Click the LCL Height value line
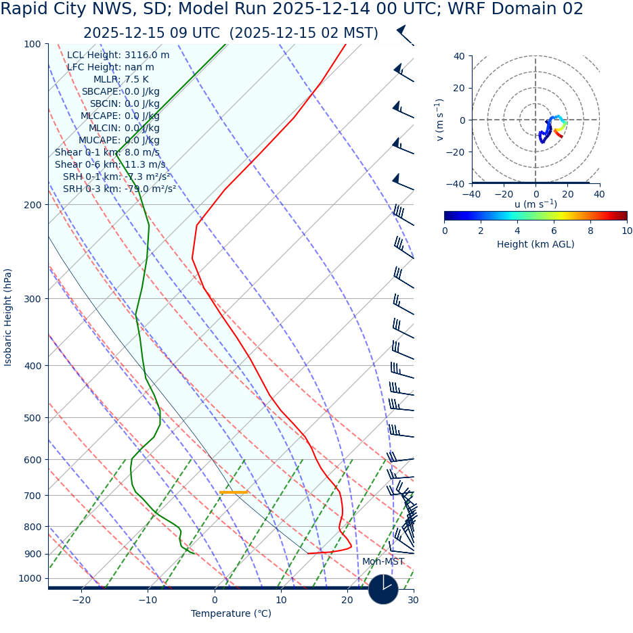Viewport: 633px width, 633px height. pyautogui.click(x=118, y=55)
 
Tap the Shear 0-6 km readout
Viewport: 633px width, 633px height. pyautogui.click(x=110, y=164)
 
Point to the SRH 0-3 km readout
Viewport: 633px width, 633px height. pyautogui.click(x=119, y=189)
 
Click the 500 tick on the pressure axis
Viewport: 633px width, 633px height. pyautogui.click(x=32, y=418)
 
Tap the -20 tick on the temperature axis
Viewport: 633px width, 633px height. pyautogui.click(x=81, y=601)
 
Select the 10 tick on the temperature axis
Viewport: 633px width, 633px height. pyautogui.click(x=281, y=601)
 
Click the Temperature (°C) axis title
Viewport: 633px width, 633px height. pyautogui.click(x=231, y=614)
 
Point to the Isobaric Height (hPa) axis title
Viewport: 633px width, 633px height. pyautogui.click(x=8, y=317)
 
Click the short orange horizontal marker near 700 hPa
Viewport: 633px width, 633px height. pyautogui.click(x=234, y=492)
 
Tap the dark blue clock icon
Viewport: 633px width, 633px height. pyautogui.click(x=383, y=589)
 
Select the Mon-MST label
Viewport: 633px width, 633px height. pyautogui.click(x=383, y=562)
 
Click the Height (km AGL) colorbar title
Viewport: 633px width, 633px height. pyautogui.click(x=536, y=244)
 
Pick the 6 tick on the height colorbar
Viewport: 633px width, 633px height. pyautogui.click(x=554, y=231)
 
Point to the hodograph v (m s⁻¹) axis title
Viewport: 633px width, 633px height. pyautogui.click(x=439, y=120)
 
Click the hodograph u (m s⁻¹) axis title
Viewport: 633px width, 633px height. pyautogui.click(x=536, y=204)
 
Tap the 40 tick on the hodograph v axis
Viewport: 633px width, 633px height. pyautogui.click(x=458, y=56)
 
